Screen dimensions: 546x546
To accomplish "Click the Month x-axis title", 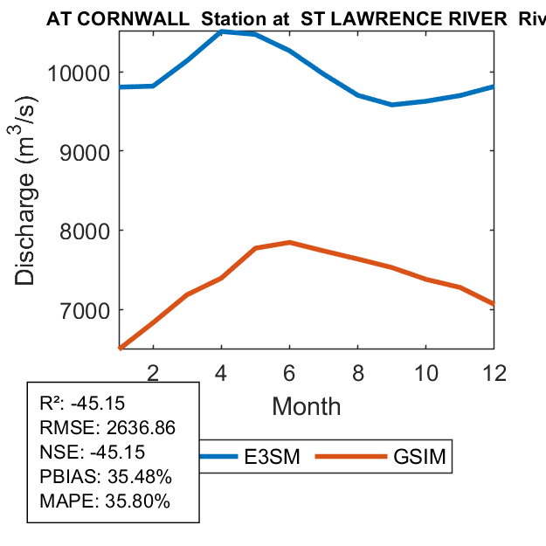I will click(x=306, y=405).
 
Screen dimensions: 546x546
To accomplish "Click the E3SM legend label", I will click(x=272, y=457).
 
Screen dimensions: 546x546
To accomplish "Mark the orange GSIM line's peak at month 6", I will click(x=289, y=242).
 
